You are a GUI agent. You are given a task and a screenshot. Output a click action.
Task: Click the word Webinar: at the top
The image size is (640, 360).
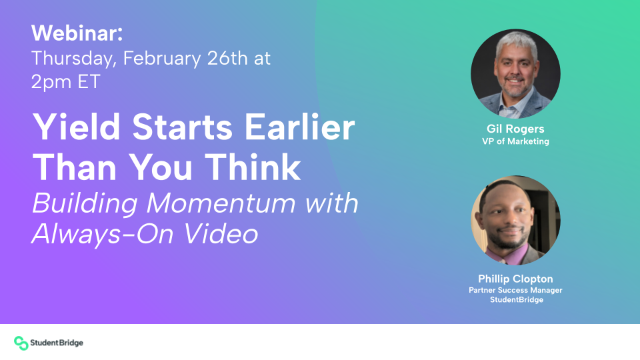77,33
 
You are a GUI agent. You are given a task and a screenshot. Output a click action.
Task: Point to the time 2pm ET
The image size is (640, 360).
66,82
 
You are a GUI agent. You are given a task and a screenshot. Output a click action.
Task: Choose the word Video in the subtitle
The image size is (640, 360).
220,234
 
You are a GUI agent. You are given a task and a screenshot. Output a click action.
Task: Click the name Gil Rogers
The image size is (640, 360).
515,129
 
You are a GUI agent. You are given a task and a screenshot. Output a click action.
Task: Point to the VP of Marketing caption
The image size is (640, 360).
515,141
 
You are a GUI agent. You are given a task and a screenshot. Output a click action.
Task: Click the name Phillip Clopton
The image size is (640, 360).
515,279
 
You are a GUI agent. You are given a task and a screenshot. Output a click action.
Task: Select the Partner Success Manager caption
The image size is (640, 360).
515,290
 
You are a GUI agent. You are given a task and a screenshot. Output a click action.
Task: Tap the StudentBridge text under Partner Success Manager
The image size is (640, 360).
515,300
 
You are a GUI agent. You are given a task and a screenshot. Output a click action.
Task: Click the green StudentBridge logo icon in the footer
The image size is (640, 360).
21,343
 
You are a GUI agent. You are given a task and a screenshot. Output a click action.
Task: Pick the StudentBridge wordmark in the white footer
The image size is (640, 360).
57,343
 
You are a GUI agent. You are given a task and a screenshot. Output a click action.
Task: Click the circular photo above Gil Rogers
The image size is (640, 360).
515,73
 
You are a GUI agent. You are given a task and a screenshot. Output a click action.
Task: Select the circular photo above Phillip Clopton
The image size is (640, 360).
515,221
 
